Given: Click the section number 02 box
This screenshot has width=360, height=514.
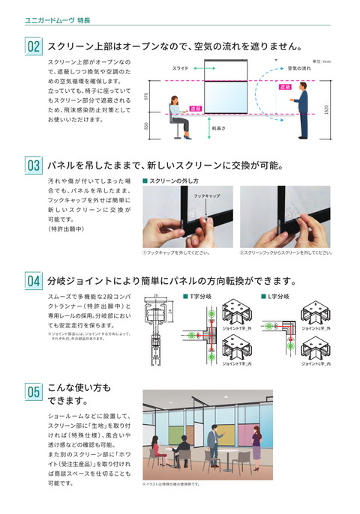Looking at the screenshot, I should click(x=34, y=47).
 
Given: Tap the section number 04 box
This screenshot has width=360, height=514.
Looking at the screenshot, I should click(x=34, y=282).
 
